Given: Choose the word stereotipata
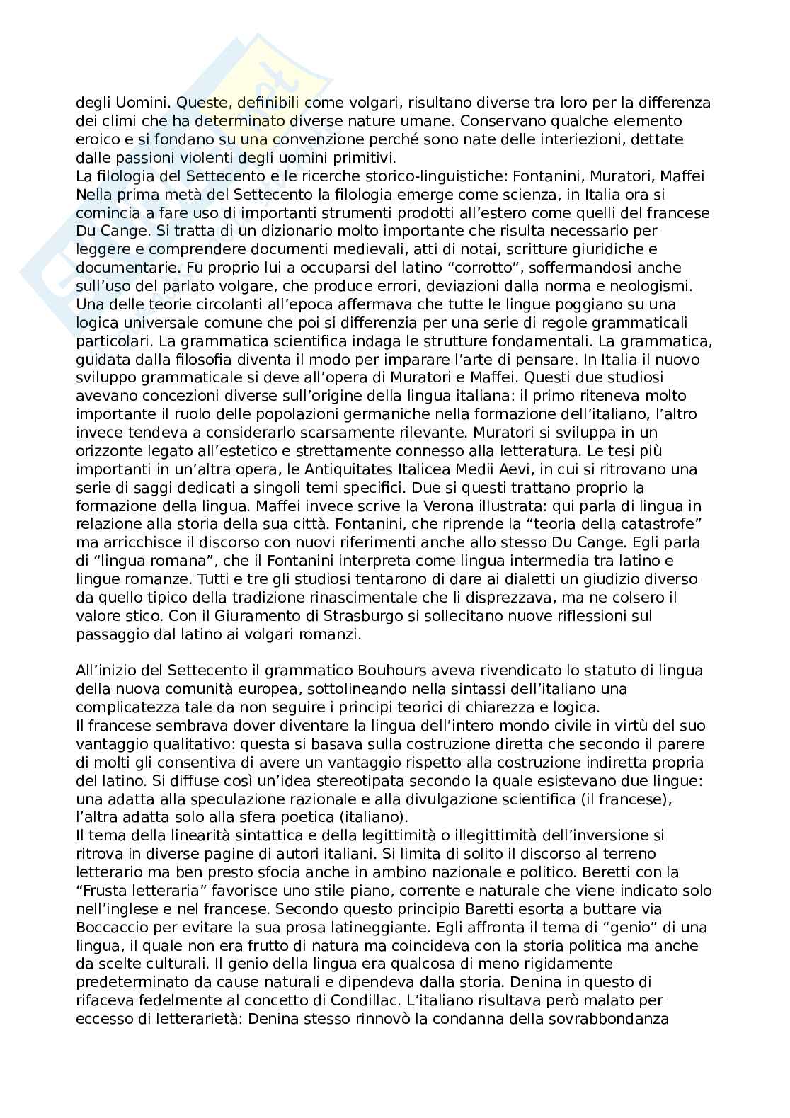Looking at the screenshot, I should (352, 780).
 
